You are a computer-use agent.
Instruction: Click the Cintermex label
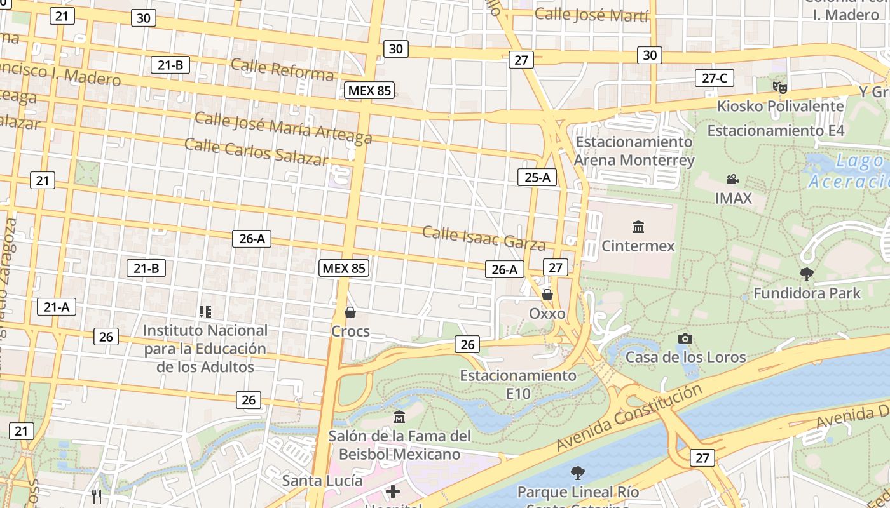coord(638,246)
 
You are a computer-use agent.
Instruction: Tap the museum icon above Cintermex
coord(638,227)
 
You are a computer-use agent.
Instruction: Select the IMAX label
coord(733,198)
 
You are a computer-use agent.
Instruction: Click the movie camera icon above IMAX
coord(733,180)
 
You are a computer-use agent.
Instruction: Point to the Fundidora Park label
coord(807,293)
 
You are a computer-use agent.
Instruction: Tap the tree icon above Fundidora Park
coord(807,274)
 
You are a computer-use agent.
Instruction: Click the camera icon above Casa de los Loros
coord(685,338)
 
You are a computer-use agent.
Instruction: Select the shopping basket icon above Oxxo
coord(547,295)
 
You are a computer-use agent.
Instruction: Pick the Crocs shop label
coord(350,331)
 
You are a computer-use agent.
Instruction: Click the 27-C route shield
coord(715,78)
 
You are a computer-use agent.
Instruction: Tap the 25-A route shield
coord(537,177)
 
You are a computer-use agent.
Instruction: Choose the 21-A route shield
coord(57,307)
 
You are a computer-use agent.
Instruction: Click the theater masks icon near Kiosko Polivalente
coord(779,87)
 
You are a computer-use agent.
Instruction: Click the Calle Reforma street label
coord(282,69)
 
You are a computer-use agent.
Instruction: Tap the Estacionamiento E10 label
coord(518,384)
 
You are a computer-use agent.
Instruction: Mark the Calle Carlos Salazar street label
coord(256,151)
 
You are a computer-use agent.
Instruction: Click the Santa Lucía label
coord(322,480)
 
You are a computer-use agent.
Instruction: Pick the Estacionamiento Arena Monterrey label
coord(634,150)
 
